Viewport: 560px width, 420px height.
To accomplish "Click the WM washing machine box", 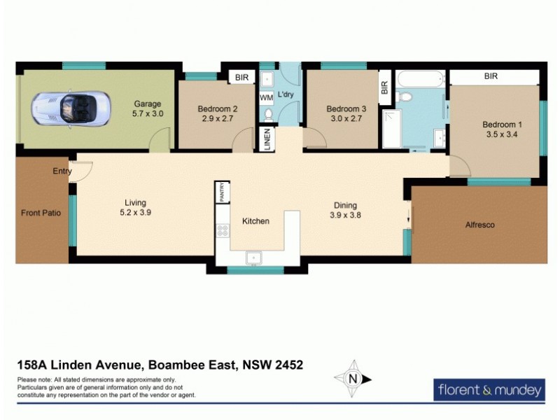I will [266, 97].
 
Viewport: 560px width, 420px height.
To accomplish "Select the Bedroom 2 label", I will [218, 108].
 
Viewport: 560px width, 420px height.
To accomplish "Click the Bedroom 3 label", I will [346, 108].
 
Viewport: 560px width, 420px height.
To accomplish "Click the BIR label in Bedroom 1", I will [490, 76].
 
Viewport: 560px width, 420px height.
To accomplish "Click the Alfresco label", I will [479, 225].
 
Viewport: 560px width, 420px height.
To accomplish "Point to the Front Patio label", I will [41, 213].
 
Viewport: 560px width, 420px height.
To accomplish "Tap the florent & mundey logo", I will [489, 389].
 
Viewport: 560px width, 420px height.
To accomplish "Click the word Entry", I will [62, 171].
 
